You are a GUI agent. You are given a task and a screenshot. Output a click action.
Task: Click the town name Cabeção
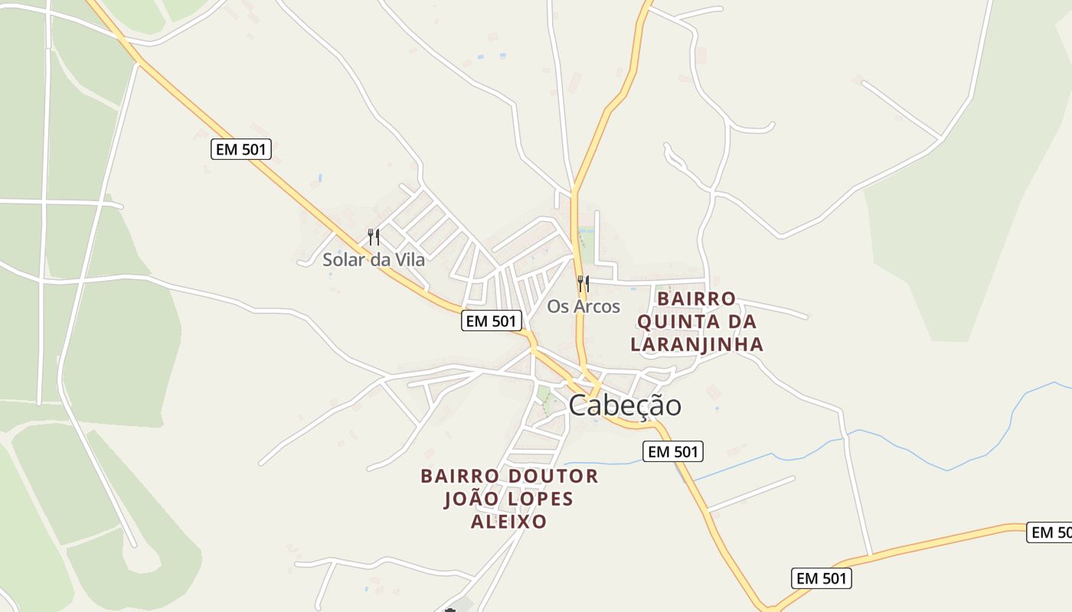click(x=624, y=405)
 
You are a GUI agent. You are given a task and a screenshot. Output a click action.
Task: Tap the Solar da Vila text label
click(x=373, y=259)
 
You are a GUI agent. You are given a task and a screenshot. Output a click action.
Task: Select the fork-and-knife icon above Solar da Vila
click(x=374, y=237)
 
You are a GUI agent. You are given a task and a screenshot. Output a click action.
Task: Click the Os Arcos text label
click(x=583, y=307)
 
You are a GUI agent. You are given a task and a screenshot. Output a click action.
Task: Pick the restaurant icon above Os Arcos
click(x=583, y=284)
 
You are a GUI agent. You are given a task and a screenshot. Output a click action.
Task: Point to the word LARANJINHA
click(x=697, y=344)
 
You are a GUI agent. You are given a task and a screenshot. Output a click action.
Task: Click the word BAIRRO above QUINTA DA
click(x=697, y=298)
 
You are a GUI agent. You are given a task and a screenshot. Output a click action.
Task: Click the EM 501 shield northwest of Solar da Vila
click(x=241, y=149)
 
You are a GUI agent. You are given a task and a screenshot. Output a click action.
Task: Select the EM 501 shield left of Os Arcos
click(x=492, y=321)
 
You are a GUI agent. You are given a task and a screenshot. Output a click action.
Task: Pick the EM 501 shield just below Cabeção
click(x=673, y=451)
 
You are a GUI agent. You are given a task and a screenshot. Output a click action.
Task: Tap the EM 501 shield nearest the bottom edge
click(x=822, y=578)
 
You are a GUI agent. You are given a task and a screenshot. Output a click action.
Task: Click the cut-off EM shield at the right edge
click(x=1050, y=532)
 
